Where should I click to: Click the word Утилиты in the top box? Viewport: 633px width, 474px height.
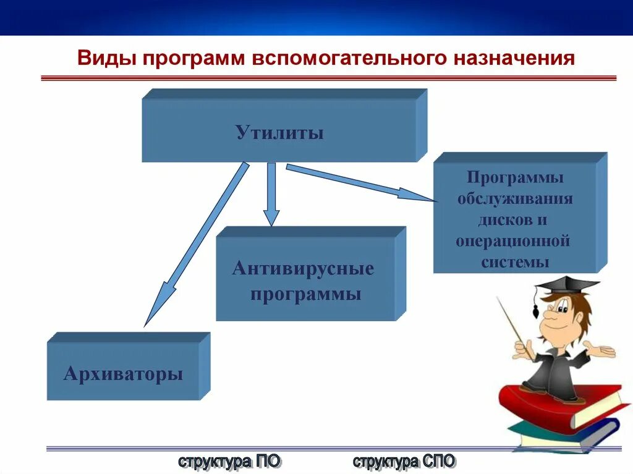(x=279, y=133)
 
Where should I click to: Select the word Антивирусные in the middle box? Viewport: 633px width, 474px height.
(x=304, y=269)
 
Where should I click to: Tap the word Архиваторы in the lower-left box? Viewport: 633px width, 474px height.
(x=123, y=374)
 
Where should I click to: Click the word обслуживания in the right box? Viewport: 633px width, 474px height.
(x=515, y=199)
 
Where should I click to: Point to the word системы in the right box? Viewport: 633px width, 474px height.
(x=516, y=262)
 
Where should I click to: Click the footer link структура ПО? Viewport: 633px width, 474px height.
(x=229, y=461)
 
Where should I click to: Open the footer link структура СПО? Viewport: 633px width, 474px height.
(x=404, y=461)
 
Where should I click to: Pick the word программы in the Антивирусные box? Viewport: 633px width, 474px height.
(x=305, y=294)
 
